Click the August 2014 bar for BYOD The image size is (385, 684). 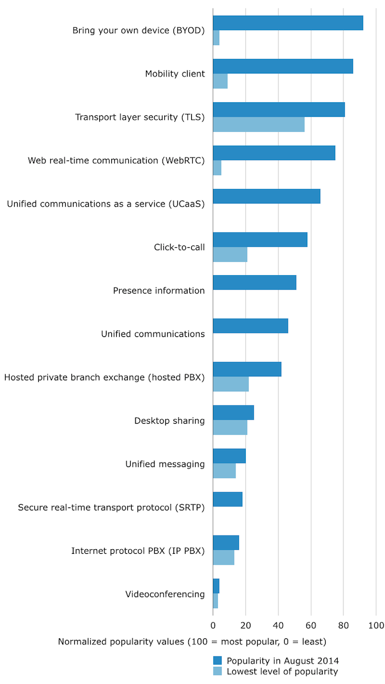coord(288,23)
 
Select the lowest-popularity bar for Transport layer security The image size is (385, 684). coord(258,124)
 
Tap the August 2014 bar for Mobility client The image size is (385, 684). coord(283,67)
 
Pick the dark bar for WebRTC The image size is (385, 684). coord(274,153)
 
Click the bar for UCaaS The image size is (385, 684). coord(266,196)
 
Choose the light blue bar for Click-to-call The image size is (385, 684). coord(230,255)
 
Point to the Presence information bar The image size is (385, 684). coord(254,283)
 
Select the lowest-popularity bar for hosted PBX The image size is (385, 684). coord(230,384)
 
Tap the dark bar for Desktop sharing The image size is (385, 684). coord(233,413)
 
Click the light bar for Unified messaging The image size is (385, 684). coord(224,471)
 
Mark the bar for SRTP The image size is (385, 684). coord(228,499)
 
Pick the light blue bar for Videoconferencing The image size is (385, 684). coord(215,601)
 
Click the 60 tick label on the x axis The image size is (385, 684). coord(311,625)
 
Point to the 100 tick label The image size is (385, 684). coord(376,625)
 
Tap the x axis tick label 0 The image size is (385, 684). coord(213,625)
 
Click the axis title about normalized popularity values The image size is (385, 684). coord(192,642)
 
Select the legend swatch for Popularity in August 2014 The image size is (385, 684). coord(218,661)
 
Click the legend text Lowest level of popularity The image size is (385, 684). coord(282,672)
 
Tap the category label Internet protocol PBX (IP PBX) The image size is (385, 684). coord(137,551)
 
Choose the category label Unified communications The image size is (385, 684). coord(153,334)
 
